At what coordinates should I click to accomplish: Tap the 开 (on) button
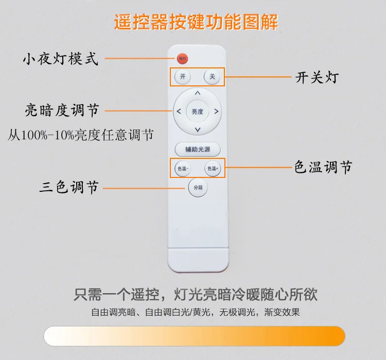click(182, 77)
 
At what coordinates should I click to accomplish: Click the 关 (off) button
click(212, 77)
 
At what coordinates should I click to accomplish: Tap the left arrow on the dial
click(179, 112)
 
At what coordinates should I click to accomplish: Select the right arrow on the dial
click(216, 112)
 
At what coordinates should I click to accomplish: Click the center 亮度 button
click(198, 112)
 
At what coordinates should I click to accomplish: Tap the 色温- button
click(183, 169)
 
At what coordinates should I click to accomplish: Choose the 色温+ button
click(213, 169)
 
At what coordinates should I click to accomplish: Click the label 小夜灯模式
click(61, 59)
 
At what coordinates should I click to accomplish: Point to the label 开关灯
click(317, 78)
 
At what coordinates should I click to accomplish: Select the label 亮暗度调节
click(62, 110)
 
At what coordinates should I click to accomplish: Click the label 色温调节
click(323, 167)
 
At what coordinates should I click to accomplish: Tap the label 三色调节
click(69, 187)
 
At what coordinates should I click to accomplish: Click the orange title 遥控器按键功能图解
click(196, 22)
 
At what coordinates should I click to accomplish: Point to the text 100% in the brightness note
click(34, 135)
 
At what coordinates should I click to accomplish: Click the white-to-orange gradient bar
click(195, 336)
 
